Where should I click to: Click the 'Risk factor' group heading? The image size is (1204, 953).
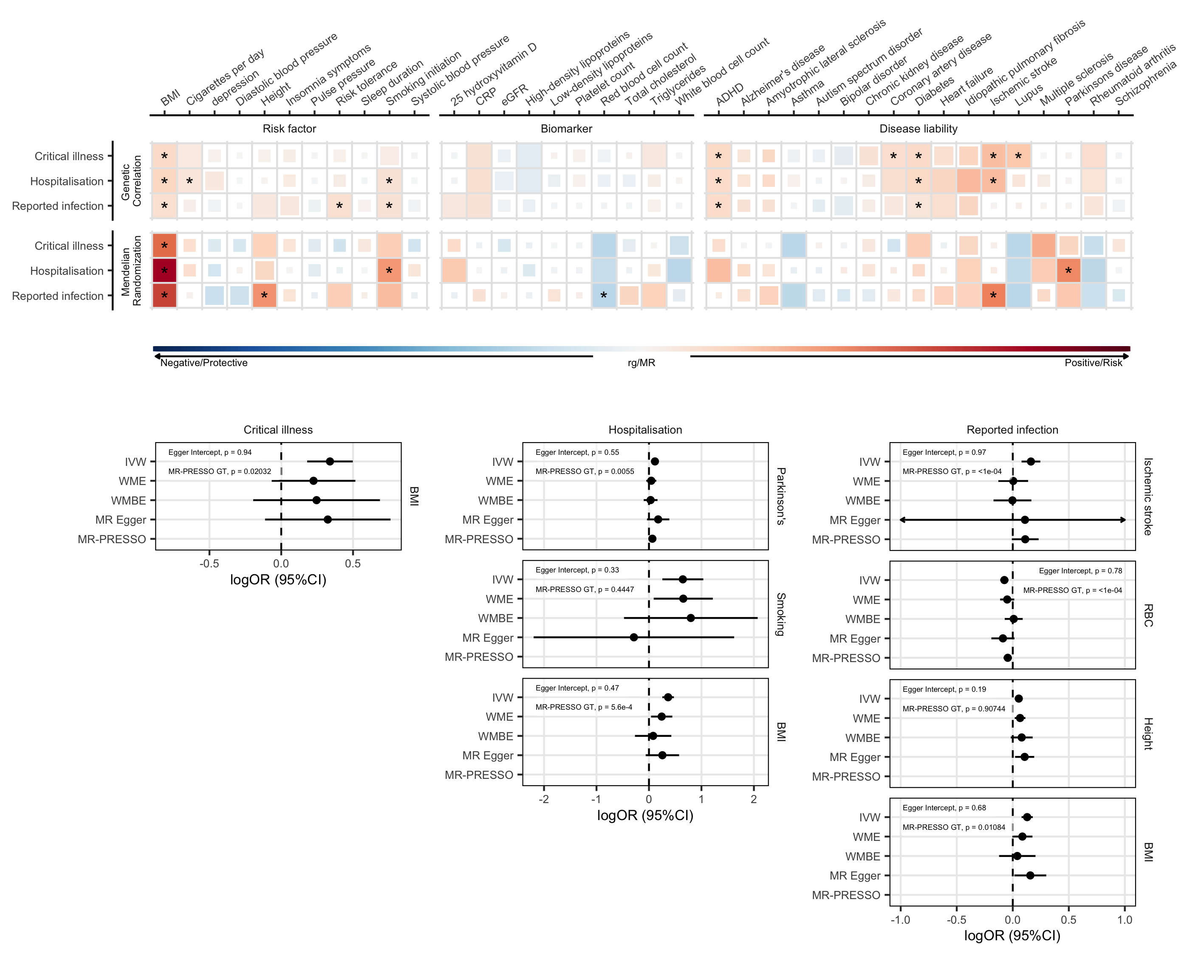pos(289,129)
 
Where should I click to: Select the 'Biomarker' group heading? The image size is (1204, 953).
pos(566,129)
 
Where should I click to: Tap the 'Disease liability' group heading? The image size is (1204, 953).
pos(918,129)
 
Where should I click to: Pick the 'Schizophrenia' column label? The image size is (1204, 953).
pos(1145,84)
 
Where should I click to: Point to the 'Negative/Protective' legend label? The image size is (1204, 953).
pos(204,363)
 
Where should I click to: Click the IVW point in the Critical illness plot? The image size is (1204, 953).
pos(330,462)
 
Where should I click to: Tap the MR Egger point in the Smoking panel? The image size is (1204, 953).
pos(633,637)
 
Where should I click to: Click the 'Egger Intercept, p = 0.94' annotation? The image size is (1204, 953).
pos(210,453)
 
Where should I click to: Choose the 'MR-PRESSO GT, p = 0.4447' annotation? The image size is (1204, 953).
pos(585,589)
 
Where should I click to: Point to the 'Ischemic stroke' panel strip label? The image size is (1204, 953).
pos(1147,496)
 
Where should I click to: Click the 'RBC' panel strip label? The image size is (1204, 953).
pos(1147,615)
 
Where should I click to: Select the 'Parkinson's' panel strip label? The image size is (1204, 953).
pos(781,496)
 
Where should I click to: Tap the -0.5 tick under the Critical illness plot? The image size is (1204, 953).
pos(209,564)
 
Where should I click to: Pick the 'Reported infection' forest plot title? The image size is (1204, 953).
pos(1012,430)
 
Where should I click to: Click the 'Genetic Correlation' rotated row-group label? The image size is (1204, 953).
pos(131,181)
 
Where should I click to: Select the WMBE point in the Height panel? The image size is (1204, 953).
pos(1021,738)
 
